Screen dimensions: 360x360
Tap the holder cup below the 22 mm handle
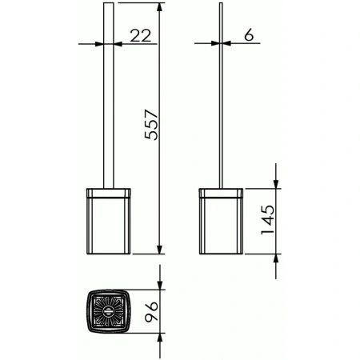point(108,224)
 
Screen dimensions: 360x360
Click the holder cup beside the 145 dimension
point(219,224)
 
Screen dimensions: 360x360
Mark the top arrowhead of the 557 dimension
point(162,7)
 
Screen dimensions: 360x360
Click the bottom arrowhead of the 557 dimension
point(162,248)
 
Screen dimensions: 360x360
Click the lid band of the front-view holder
point(108,192)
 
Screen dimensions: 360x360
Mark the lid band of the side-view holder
point(219,192)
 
